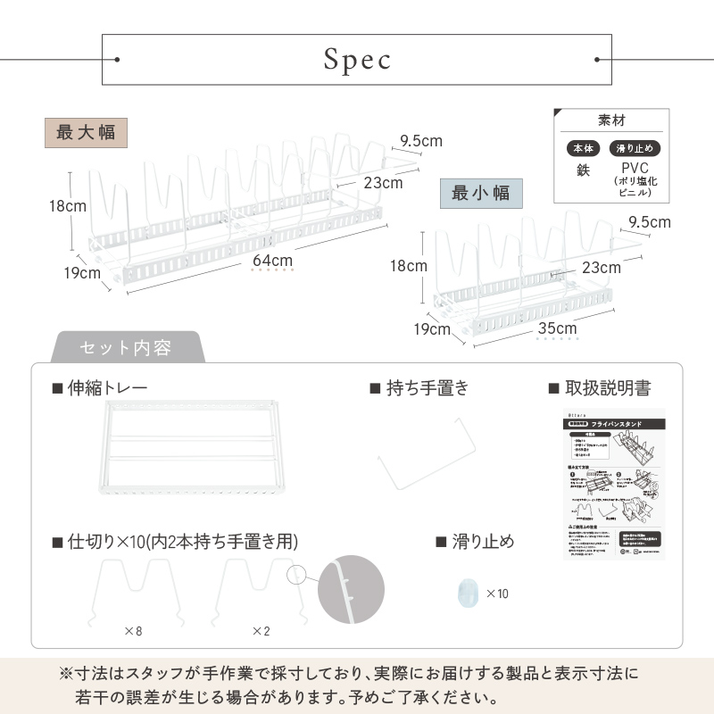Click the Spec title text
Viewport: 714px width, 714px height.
[357, 60]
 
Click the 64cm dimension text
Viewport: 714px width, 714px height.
[272, 261]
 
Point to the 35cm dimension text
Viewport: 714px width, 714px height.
[557, 328]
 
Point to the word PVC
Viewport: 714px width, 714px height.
[634, 168]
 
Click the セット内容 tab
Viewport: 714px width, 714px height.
[126, 347]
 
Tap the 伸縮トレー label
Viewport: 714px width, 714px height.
[106, 388]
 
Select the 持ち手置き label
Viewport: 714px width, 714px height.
[420, 388]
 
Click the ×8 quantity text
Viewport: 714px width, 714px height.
[132, 631]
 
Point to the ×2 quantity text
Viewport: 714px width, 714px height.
[261, 631]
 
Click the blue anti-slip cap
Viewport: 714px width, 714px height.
[466, 593]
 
